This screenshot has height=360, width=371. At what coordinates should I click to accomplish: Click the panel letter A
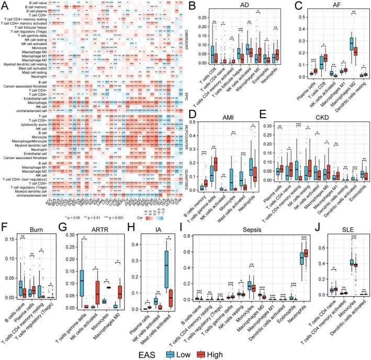(5, 4)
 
